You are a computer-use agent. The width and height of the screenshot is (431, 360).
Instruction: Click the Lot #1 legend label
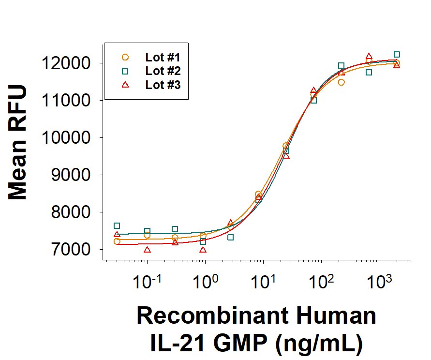click(x=163, y=57)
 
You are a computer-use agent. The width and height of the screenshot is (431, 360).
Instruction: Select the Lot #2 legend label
click(x=163, y=71)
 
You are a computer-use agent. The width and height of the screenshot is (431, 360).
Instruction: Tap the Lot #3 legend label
click(x=163, y=85)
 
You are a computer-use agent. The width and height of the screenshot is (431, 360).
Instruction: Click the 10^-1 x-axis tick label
click(x=147, y=281)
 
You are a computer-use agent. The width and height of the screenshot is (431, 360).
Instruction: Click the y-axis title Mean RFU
click(x=18, y=143)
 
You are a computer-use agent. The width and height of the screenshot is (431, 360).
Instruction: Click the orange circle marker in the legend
click(x=125, y=57)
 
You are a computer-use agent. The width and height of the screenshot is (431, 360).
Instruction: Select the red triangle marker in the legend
click(x=125, y=85)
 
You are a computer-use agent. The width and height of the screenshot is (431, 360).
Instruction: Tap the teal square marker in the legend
click(x=125, y=71)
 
